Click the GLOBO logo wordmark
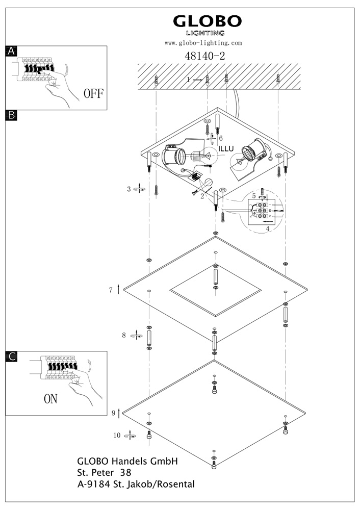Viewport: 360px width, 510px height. [207, 21]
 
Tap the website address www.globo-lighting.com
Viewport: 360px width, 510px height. [203, 43]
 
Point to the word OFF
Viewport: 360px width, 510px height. [93, 93]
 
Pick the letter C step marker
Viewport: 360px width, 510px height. [11, 356]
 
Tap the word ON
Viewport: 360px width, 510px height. [50, 398]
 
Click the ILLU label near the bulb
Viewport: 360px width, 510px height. [226, 148]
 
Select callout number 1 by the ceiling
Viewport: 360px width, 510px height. [188, 80]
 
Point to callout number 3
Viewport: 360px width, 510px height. [129, 189]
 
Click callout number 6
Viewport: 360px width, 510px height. [221, 138]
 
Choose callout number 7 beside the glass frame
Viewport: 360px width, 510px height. [110, 290]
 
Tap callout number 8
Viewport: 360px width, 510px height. [123, 335]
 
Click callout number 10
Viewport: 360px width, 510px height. [117, 435]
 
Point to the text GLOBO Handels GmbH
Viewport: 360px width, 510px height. [127, 461]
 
